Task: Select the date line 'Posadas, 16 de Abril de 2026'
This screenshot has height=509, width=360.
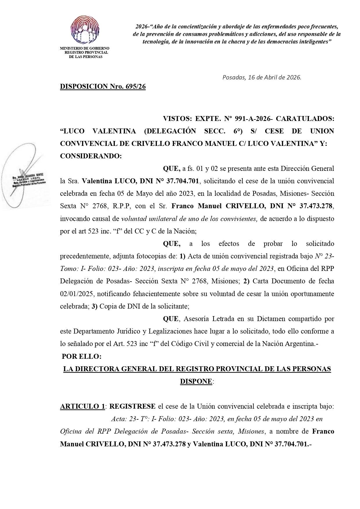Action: pyautogui.click(x=262, y=77)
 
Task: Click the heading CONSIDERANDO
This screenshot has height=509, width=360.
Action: pyautogui.click(x=91, y=156)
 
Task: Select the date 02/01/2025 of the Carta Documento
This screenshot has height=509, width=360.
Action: pyautogui.click(x=77, y=294)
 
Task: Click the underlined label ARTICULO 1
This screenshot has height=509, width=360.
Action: pyautogui.click(x=82, y=406)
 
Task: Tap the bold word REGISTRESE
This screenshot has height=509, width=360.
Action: pyautogui.click(x=133, y=406)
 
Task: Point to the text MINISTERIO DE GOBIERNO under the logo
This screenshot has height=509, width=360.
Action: pyautogui.click(x=84, y=48)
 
